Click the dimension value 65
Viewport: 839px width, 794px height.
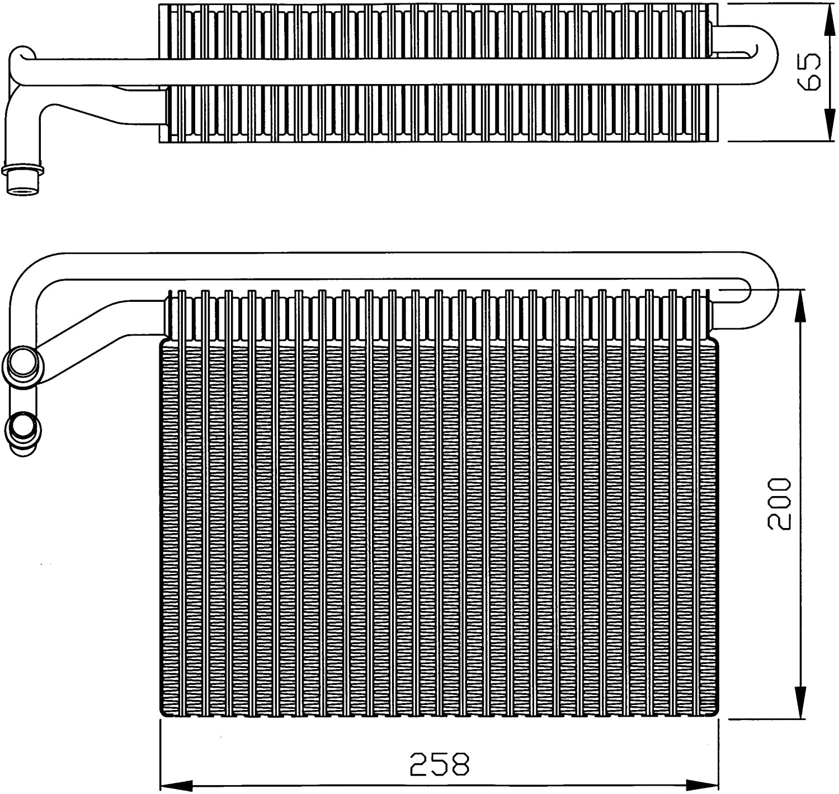(810, 72)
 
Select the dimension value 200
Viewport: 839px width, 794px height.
(780, 503)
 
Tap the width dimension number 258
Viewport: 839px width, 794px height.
(440, 764)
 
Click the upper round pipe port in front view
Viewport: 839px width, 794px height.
(22, 366)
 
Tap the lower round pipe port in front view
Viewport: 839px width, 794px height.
(22, 431)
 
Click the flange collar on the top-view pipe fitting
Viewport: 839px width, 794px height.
(23, 169)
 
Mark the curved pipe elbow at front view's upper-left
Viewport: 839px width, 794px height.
(31, 280)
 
